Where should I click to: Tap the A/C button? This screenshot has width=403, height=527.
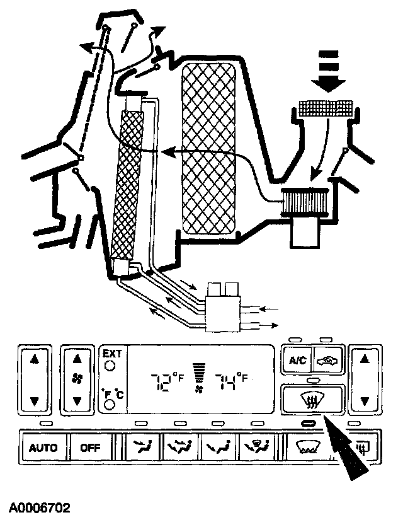point(298,361)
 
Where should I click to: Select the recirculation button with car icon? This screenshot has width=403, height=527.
point(328,361)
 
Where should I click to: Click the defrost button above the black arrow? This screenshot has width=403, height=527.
point(312,398)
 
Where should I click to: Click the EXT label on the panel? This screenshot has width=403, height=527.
point(111,354)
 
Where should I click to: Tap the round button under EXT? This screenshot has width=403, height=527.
point(111,366)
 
